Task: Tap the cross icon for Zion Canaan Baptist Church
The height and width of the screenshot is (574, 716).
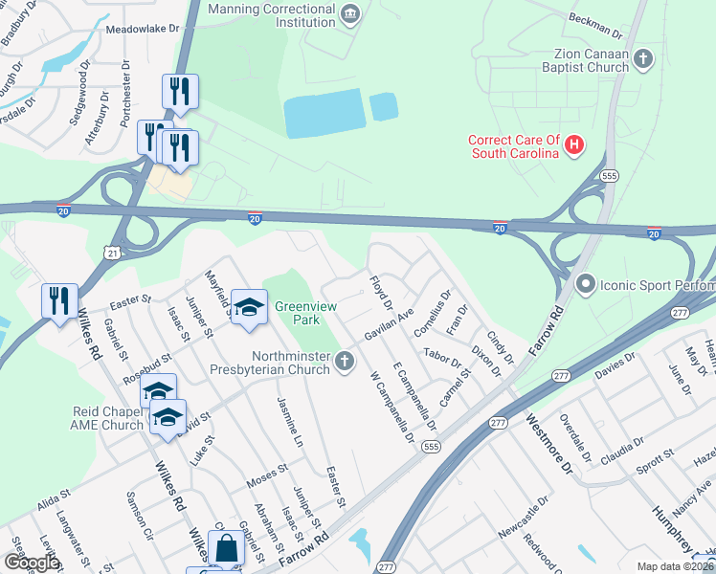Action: [643, 59]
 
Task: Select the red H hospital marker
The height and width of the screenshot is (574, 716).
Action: [573, 145]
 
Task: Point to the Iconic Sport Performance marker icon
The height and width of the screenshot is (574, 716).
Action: [585, 284]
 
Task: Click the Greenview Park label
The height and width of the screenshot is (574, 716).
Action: [302, 313]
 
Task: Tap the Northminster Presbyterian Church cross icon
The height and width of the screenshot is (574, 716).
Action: [345, 361]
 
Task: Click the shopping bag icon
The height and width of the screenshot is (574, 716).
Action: [226, 549]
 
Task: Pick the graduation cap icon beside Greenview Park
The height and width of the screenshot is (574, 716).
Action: [249, 307]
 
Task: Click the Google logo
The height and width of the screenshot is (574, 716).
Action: [32, 563]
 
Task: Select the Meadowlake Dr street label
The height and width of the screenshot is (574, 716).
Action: [143, 30]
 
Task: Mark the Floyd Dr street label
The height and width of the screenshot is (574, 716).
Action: [380, 293]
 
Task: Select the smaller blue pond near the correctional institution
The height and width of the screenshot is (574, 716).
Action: [384, 106]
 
